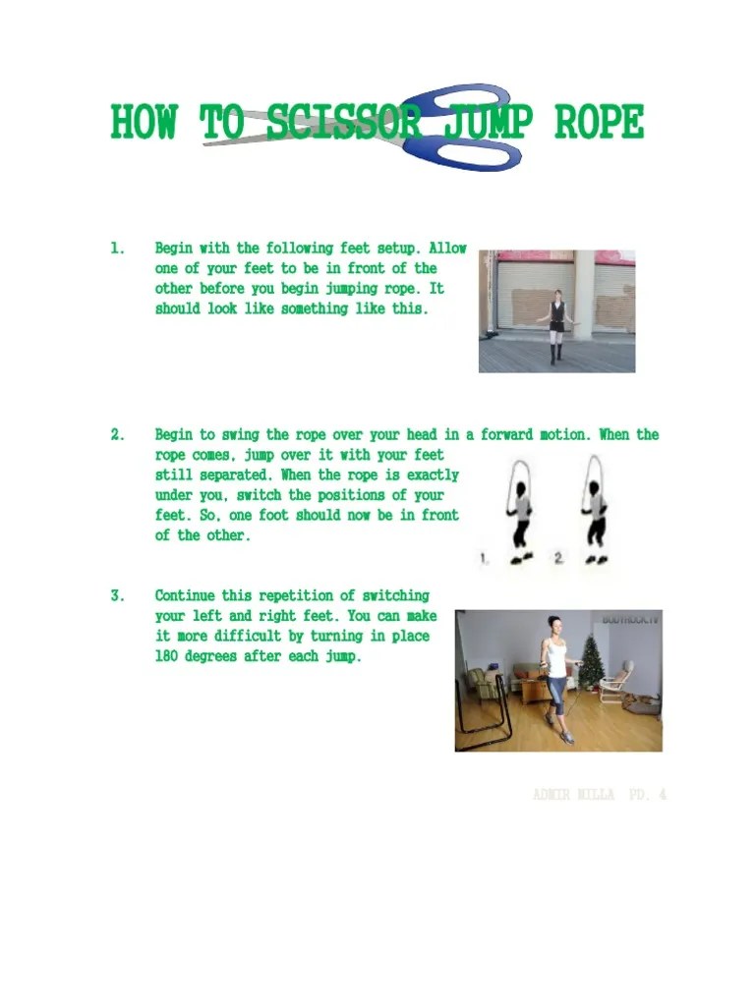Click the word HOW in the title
(x=144, y=125)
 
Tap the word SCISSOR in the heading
(x=343, y=125)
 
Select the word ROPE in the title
(x=599, y=125)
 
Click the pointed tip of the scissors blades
(x=205, y=143)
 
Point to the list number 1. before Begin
(x=118, y=249)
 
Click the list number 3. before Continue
(x=118, y=595)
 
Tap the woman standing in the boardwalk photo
(x=557, y=325)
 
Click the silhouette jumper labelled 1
(x=519, y=512)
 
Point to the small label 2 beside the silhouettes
(x=557, y=558)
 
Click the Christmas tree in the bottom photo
(x=592, y=662)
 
